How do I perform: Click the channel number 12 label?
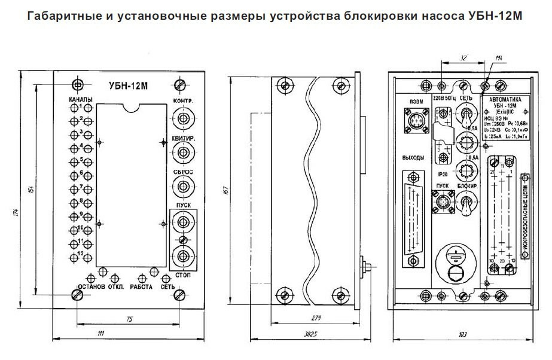[x=81, y=255]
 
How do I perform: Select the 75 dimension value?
[x=129, y=319]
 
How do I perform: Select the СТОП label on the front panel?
[x=184, y=275]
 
